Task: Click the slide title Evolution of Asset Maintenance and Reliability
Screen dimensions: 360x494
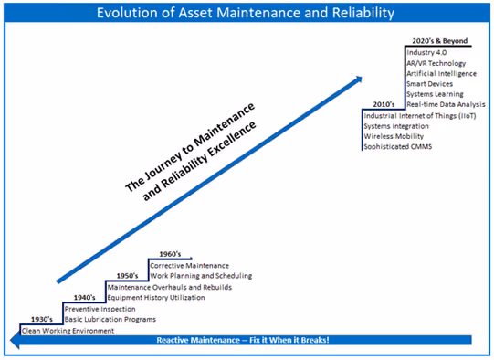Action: click(x=247, y=13)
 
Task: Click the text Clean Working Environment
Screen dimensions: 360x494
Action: click(x=68, y=331)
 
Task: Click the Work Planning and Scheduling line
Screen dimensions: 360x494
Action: click(x=201, y=275)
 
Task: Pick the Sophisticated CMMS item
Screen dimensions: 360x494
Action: click(x=398, y=147)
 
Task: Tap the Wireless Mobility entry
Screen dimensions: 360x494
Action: click(x=393, y=137)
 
